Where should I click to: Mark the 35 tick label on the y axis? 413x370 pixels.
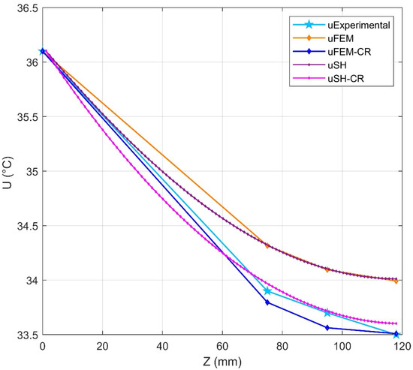pos(29,172)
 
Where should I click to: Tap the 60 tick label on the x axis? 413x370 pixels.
pos(222,347)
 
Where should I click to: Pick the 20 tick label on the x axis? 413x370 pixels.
pos(102,347)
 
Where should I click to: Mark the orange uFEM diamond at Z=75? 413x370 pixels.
pos(267,245)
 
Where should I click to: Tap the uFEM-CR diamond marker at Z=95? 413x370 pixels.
pos(327,328)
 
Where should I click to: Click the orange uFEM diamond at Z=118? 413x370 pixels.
pos(396,281)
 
